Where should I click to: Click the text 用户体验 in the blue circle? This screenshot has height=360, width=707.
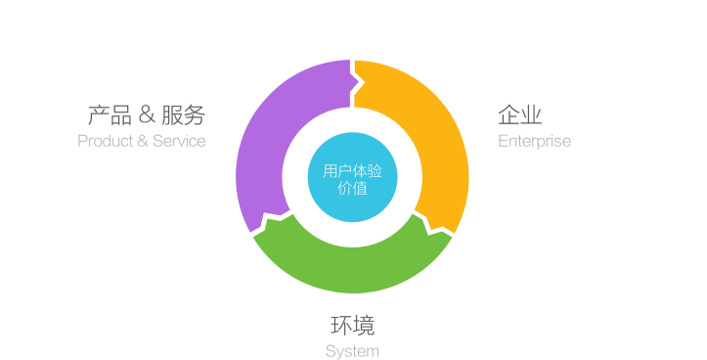352,170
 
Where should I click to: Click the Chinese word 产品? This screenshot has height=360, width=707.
109,115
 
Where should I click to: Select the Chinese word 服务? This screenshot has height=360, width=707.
184,115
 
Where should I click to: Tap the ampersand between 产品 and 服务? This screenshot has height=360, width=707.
147,115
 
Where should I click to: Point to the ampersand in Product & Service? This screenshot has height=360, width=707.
143,141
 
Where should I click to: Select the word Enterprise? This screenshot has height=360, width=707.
534,141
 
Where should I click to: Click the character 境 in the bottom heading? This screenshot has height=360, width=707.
364,325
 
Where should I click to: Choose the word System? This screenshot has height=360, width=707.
352,350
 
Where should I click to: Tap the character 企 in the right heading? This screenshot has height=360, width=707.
508,115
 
